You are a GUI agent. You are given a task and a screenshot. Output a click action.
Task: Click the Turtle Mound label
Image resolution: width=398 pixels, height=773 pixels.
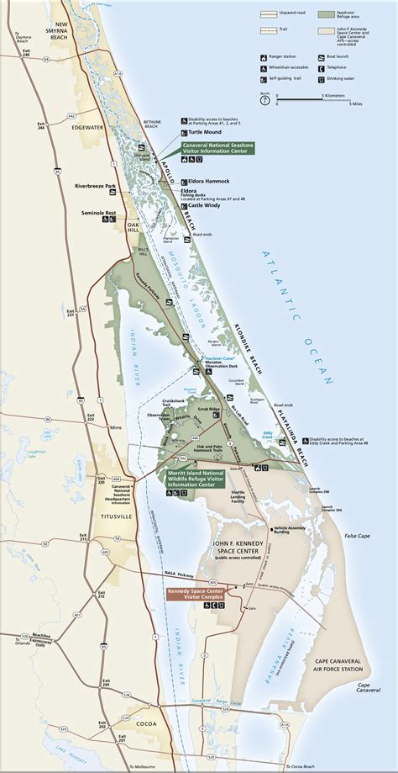pos(205,132)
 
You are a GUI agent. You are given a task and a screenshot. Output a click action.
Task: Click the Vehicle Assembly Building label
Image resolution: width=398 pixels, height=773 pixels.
pos(291,530)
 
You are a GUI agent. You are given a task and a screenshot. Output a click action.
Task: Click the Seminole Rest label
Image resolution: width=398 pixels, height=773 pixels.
pos(98,214)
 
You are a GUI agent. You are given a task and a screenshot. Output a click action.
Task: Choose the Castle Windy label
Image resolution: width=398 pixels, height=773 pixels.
pos(205,204)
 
